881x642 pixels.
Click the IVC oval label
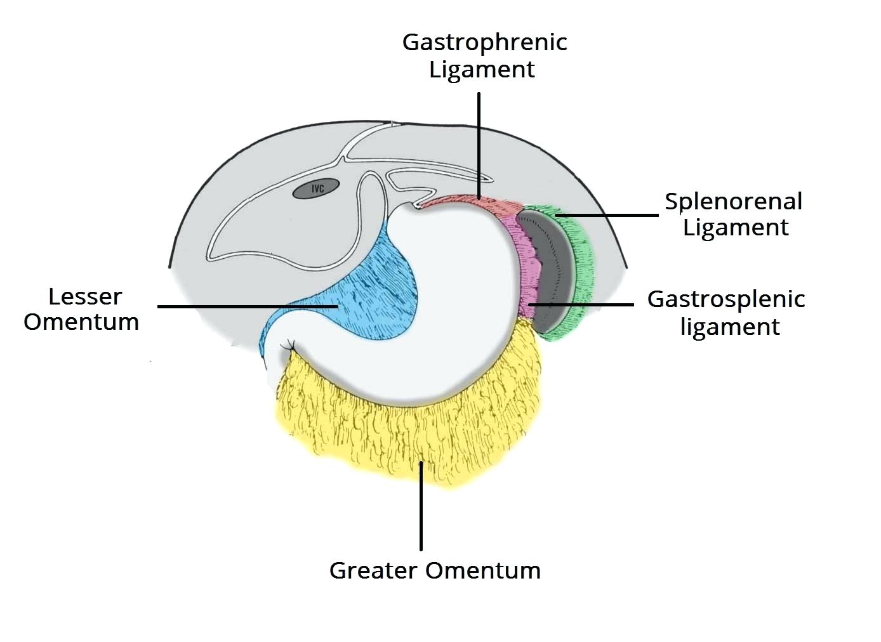click(317, 188)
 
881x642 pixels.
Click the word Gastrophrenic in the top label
click(484, 43)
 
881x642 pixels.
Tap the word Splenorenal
click(733, 202)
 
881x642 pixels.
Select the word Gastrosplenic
click(725, 299)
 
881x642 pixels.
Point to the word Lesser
click(85, 296)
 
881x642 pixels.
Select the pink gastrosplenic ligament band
click(526, 266)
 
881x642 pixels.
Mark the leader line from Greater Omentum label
click(421, 508)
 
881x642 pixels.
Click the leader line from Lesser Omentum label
click(248, 306)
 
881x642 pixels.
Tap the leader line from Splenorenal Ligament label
click(609, 215)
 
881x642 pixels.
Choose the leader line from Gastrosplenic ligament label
click(584, 305)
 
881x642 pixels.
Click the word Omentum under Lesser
click(81, 322)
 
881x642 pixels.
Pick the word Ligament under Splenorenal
click(736, 227)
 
